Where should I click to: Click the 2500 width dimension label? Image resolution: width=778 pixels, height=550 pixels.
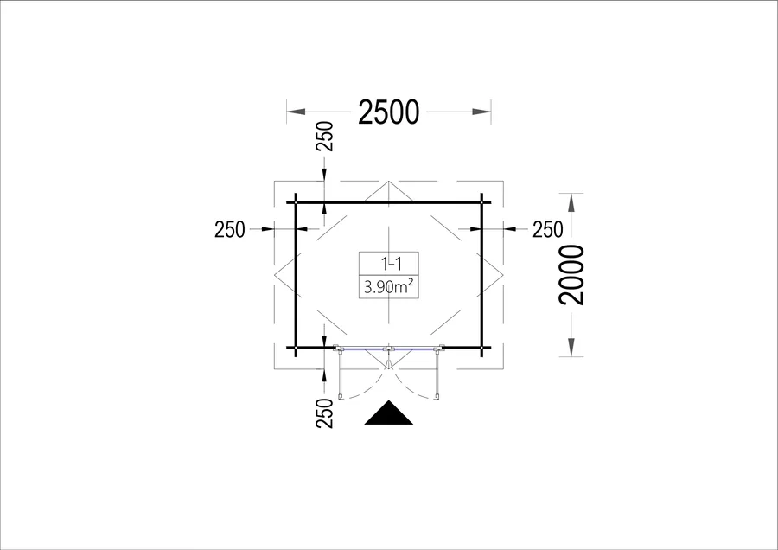[x=388, y=112]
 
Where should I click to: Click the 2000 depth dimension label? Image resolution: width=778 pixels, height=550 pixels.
[x=571, y=274]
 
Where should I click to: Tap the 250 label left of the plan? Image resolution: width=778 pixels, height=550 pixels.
[x=230, y=229]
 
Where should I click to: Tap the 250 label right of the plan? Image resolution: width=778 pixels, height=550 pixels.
[x=548, y=229]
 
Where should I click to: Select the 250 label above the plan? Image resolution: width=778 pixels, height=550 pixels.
[x=324, y=136]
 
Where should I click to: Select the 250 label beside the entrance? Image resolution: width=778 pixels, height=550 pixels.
[x=324, y=412]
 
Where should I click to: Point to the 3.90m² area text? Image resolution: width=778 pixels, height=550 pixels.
[x=389, y=287]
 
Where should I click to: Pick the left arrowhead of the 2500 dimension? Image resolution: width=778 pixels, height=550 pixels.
[x=297, y=112]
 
